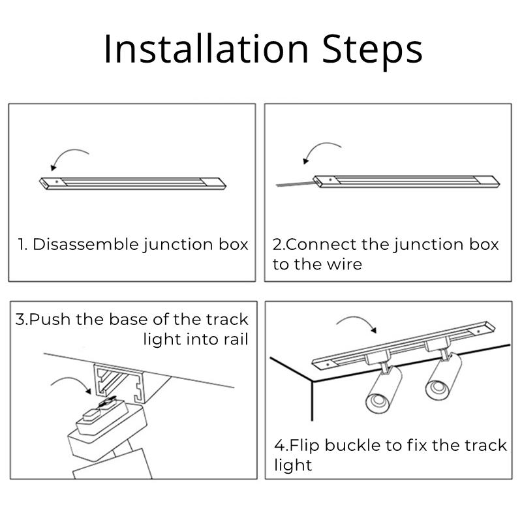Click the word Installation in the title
[x=206, y=49]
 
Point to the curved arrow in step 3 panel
[x=72, y=385]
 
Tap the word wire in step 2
[x=346, y=264]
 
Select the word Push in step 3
[x=51, y=320]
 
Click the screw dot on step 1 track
[x=57, y=179]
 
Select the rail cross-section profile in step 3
[x=120, y=382]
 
